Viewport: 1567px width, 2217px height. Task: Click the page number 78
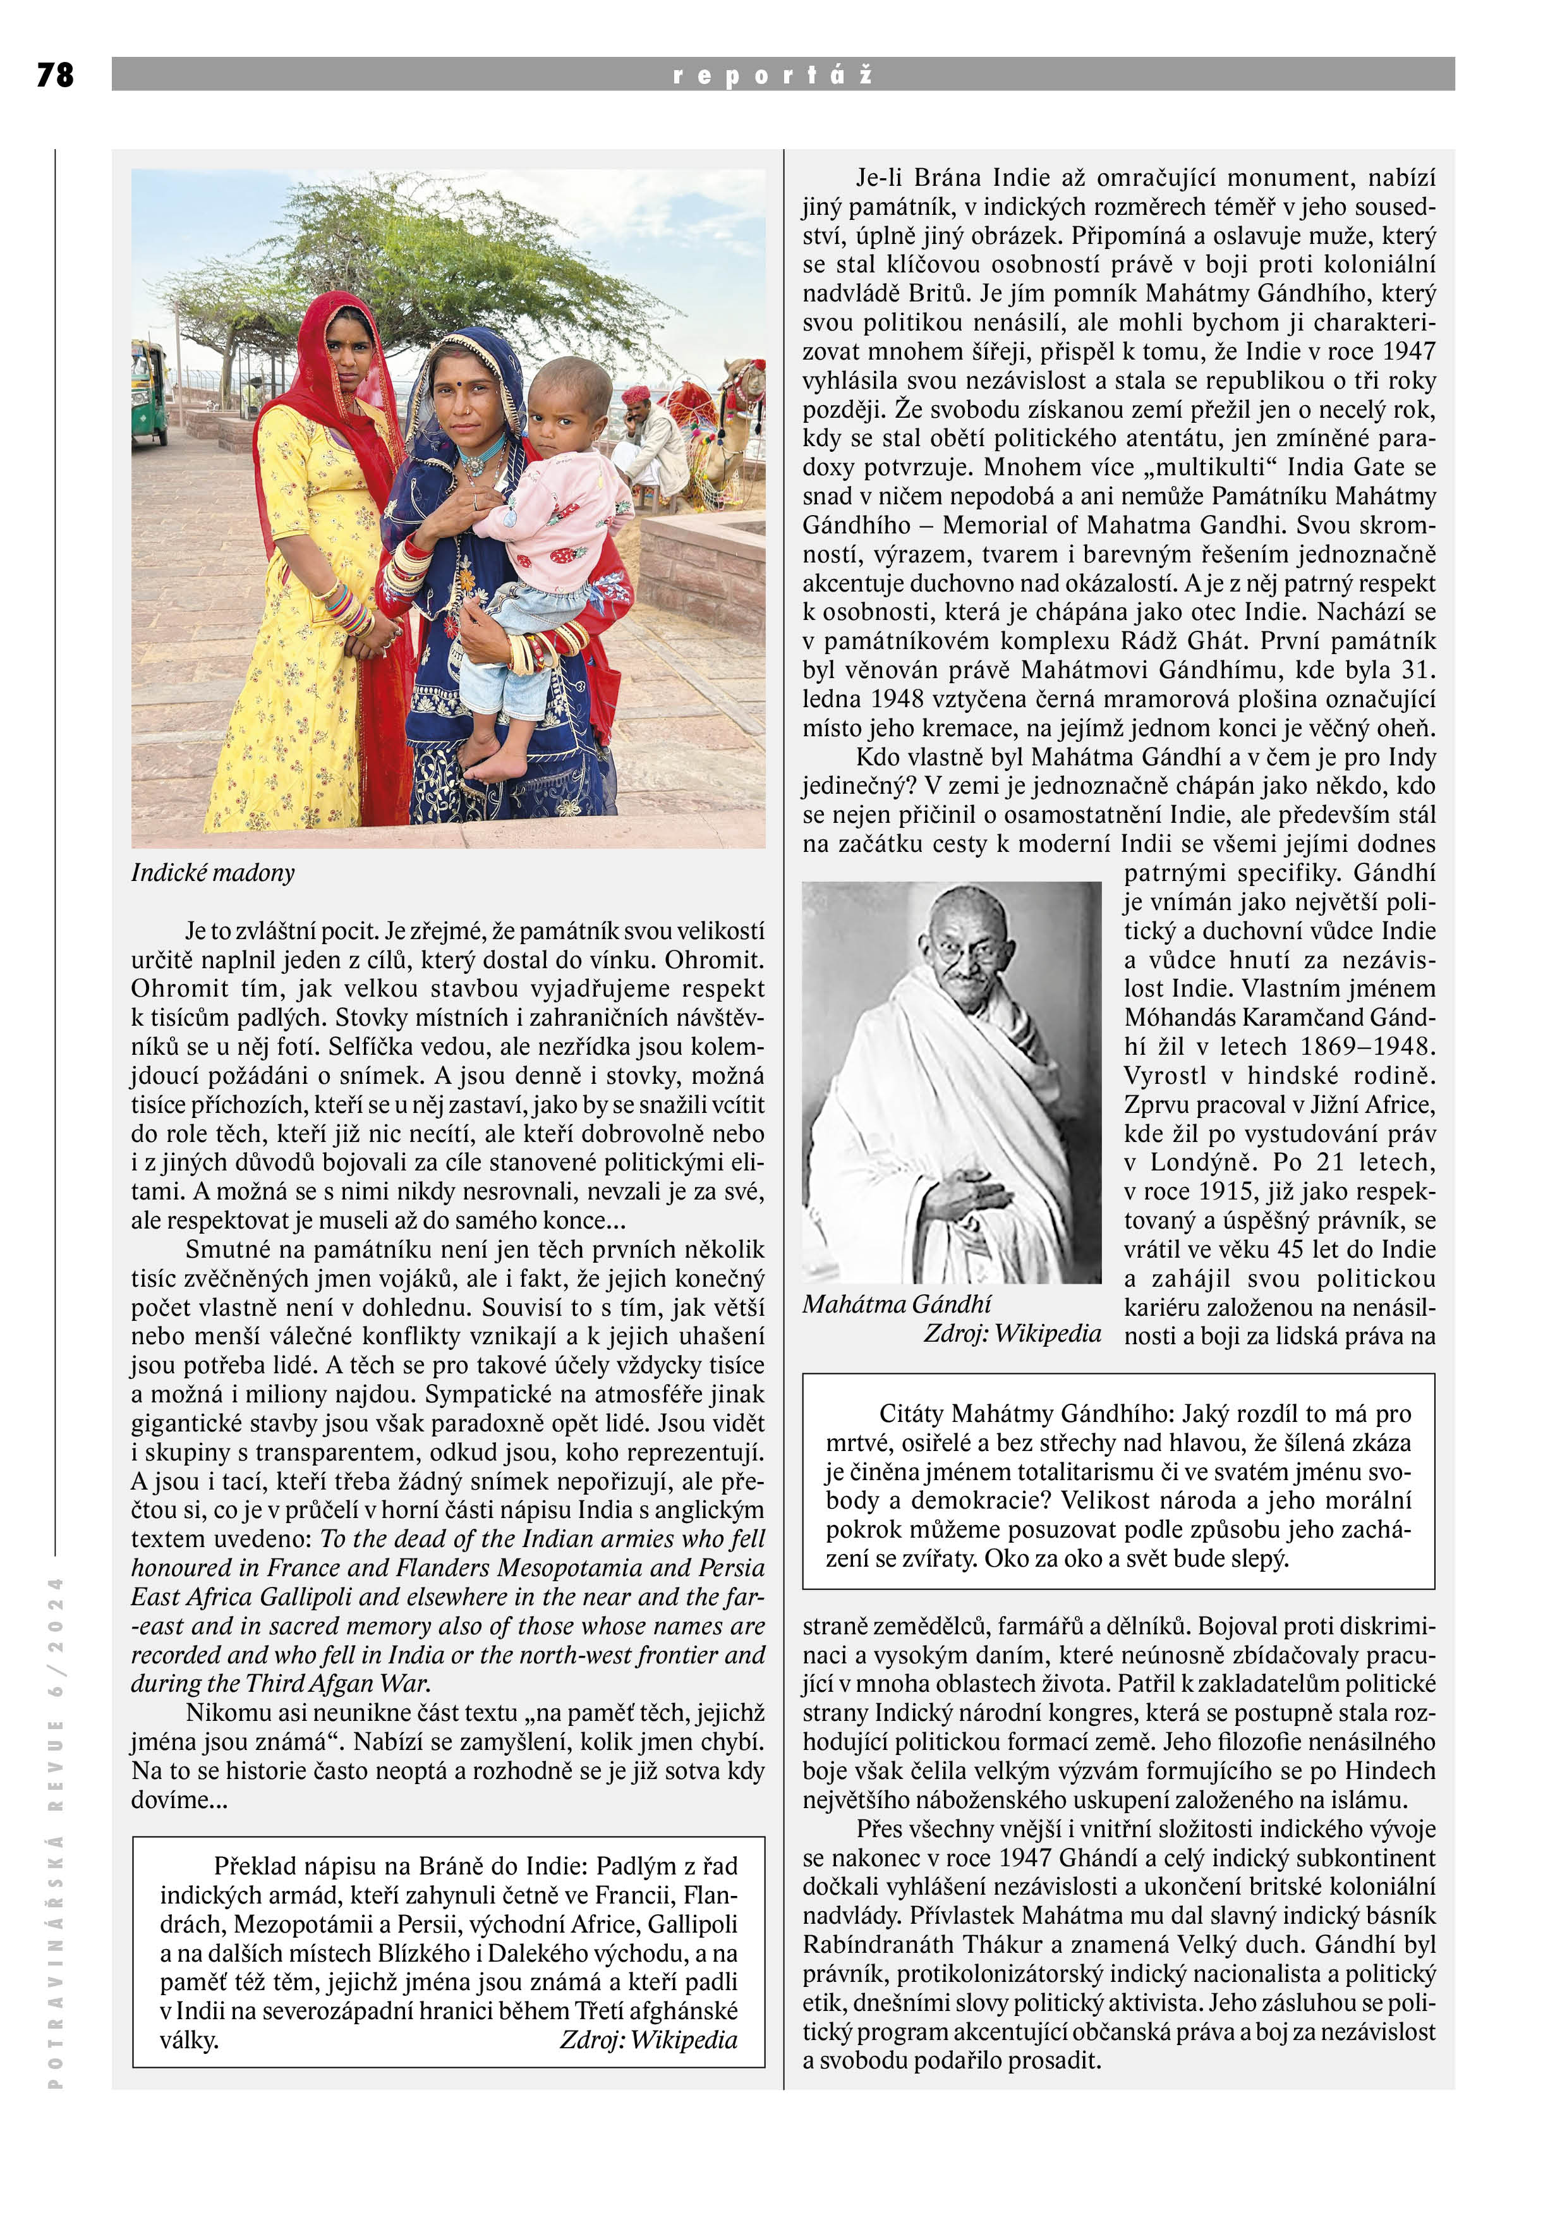55,75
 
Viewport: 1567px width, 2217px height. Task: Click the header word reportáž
772,75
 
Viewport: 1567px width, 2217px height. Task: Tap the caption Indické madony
212,873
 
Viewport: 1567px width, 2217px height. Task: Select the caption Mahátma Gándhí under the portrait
896,1304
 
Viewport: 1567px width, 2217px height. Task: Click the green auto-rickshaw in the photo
148,391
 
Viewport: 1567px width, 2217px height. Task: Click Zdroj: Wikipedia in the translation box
648,2039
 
